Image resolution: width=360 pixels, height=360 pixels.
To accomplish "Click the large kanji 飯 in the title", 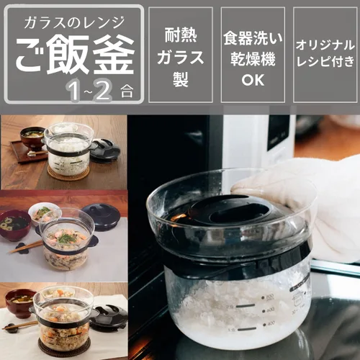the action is (x=67, y=55).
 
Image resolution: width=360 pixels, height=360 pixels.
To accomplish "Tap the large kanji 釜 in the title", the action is (x=113, y=55).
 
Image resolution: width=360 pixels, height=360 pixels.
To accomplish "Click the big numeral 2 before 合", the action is (x=102, y=89).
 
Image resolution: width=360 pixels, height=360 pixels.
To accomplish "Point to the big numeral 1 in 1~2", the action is (x=74, y=90).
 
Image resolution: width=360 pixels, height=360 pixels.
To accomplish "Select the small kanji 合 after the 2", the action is (x=127, y=92).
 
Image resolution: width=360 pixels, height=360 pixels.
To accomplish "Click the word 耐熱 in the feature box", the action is (x=181, y=35).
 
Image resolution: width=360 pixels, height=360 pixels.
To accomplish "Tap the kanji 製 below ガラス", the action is (x=181, y=79).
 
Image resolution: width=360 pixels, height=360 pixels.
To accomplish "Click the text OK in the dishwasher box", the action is (x=253, y=80).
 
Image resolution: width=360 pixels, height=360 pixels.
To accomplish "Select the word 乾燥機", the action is (x=253, y=59).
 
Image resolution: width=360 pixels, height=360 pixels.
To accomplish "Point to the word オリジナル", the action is (x=325, y=45).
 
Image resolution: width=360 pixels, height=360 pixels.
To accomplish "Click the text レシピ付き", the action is (x=325, y=60).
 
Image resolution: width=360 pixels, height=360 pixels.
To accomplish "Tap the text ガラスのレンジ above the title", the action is (x=74, y=22).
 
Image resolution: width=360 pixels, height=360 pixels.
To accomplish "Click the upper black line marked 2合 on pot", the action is (x=246, y=306).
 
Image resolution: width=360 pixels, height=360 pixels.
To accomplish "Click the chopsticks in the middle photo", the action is (x=25, y=247).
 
